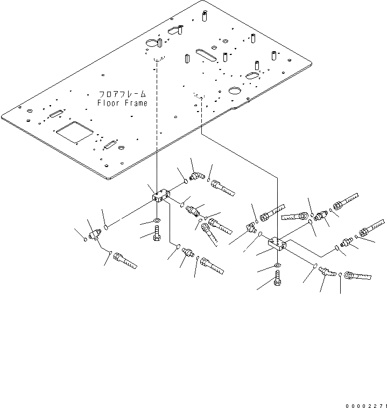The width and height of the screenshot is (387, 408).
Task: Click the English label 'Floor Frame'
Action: tap(122, 103)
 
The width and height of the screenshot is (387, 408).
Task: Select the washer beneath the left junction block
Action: tap(156, 222)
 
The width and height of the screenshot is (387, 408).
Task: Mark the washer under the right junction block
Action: tap(277, 266)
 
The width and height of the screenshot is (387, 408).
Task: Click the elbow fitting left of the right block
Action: tap(251, 228)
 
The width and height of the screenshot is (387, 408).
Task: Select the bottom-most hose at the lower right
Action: tap(357, 278)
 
